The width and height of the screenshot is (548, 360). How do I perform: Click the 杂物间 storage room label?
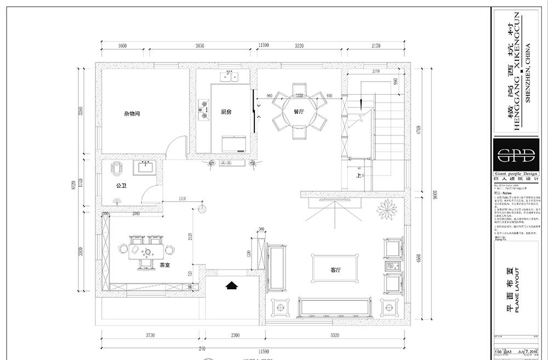tap(132, 114)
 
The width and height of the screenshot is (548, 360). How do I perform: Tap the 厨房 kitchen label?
tap(226, 112)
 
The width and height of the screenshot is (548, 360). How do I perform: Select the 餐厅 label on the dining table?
tap(299, 111)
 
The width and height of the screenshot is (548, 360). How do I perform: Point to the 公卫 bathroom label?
tap(122, 185)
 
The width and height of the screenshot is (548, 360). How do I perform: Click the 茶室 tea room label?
tap(164, 265)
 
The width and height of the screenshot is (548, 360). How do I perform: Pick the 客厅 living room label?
tap(336, 271)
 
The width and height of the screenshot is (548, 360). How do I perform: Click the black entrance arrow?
tap(232, 284)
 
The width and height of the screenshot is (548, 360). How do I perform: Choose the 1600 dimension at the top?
tap(122, 47)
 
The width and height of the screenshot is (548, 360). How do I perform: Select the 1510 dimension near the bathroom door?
tap(183, 199)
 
